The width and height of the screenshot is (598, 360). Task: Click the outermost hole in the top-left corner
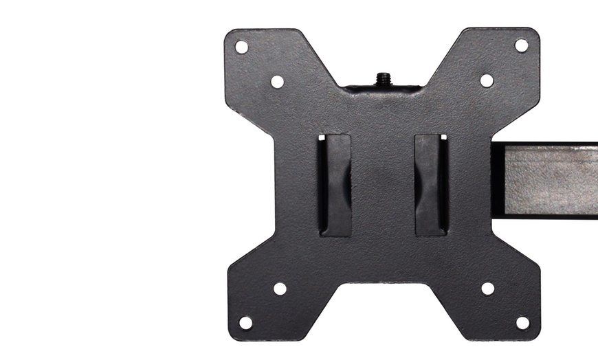[241, 47]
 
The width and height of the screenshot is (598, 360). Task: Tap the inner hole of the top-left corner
[277, 82]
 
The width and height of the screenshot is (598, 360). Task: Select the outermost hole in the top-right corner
[522, 45]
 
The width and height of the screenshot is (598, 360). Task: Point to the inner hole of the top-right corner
[487, 80]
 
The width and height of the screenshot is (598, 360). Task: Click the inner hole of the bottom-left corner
[280, 289]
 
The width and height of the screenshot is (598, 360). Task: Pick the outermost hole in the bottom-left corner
[245, 322]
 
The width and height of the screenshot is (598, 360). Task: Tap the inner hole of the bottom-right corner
[487, 289]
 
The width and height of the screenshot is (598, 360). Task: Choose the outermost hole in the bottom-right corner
[522, 322]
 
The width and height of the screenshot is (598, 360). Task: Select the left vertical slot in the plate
[335, 184]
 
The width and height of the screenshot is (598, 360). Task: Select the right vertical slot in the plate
[431, 184]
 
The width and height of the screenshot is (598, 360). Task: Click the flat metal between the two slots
[383, 185]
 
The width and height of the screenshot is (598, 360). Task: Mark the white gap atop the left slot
[321, 137]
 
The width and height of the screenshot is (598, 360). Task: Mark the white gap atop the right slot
[443, 137]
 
